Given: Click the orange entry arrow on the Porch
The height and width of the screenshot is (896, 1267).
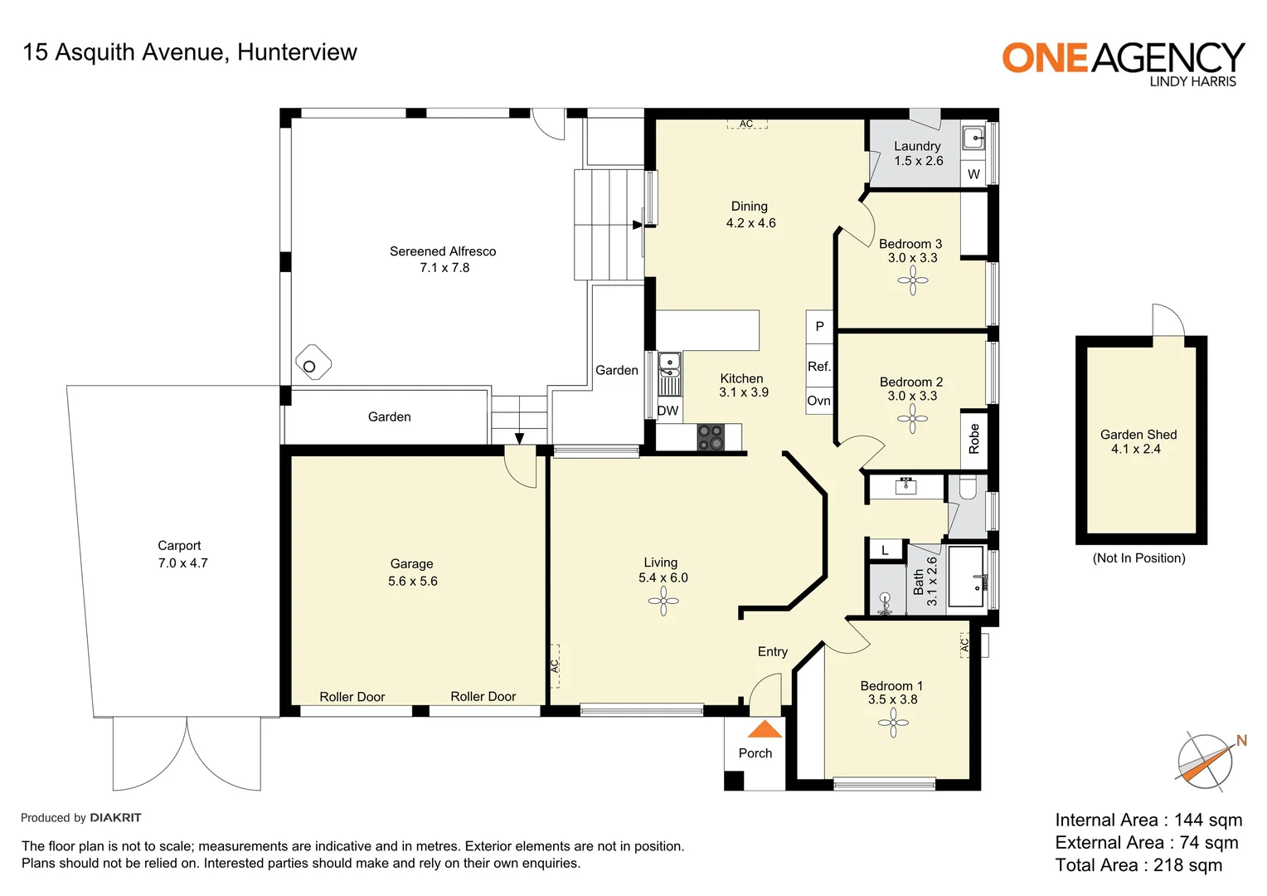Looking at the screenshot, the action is pyautogui.click(x=765, y=729).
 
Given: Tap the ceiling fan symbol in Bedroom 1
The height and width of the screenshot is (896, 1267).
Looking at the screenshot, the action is pyautogui.click(x=893, y=723).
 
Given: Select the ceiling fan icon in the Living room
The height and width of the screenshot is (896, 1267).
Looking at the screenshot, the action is pyautogui.click(x=663, y=601).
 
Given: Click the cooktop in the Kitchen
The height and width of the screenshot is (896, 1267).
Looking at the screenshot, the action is pyautogui.click(x=711, y=437).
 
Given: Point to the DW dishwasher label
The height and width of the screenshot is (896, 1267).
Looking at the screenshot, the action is pyautogui.click(x=667, y=411).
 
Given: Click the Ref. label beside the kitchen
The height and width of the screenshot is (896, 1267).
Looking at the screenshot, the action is pyautogui.click(x=818, y=367).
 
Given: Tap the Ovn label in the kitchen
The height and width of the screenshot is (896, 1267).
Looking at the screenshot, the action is pyautogui.click(x=818, y=401).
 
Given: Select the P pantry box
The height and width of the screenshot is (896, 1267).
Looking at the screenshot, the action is pyautogui.click(x=819, y=326).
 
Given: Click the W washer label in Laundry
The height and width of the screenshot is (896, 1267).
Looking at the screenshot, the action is pyautogui.click(x=973, y=174).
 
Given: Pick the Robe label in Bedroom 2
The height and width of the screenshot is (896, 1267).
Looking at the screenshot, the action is pyautogui.click(x=974, y=438).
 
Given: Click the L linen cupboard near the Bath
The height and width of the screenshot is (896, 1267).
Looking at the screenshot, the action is pyautogui.click(x=885, y=550).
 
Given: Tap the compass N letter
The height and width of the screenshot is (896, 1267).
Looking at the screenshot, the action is pyautogui.click(x=1241, y=741).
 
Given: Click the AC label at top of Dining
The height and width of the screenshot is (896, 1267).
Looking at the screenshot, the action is pyautogui.click(x=746, y=124).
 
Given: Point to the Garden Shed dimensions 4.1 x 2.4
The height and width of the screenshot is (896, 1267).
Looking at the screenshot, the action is pyautogui.click(x=1136, y=449).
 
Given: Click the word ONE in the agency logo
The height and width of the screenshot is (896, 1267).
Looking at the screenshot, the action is pyautogui.click(x=1044, y=58).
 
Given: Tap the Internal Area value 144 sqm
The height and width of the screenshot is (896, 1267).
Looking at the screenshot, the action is pyautogui.click(x=1207, y=821).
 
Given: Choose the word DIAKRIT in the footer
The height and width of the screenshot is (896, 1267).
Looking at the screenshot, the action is pyautogui.click(x=115, y=818).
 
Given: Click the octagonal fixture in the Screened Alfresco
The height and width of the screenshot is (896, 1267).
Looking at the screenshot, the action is pyautogui.click(x=313, y=363).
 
